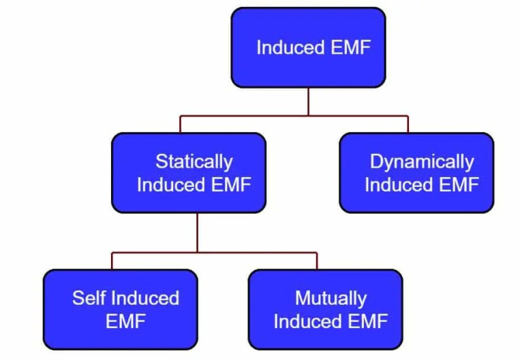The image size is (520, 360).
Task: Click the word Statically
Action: [x=194, y=162]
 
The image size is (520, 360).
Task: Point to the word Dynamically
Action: [x=421, y=162]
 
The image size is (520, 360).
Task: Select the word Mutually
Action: [x=331, y=298]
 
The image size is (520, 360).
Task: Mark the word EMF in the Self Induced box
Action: [x=125, y=321]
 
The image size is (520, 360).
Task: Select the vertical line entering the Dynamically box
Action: [x=408, y=124]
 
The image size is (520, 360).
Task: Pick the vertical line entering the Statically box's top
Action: [x=181, y=124]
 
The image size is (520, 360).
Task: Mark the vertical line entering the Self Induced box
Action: [x=112, y=260]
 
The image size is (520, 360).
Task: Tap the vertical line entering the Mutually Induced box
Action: [x=317, y=260]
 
